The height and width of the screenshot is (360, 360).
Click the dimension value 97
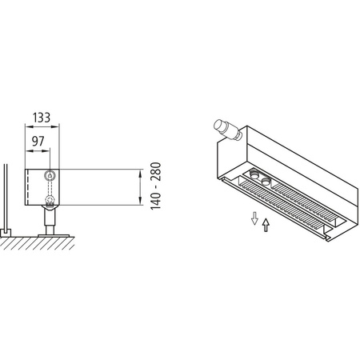pyautogui.click(x=38, y=141)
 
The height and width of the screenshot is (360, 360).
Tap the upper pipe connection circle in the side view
pyautogui.click(x=51, y=174)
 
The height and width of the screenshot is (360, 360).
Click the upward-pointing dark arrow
pyautogui.click(x=266, y=225)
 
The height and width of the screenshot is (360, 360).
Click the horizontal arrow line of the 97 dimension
pyautogui.click(x=38, y=151)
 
